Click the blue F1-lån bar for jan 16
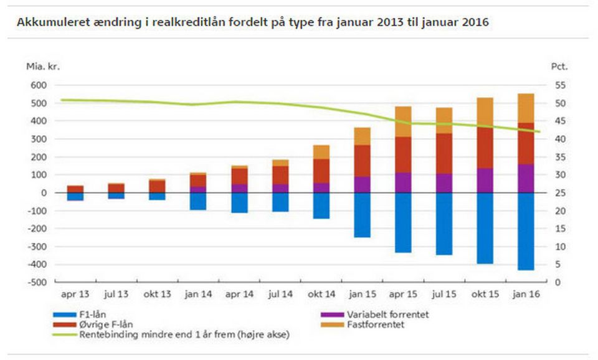[526, 231]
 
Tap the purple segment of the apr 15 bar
[403, 182]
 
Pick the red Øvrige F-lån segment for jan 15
[362, 161]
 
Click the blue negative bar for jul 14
[280, 202]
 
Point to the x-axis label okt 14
[321, 293]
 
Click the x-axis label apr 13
[75, 293]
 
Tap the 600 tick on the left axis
[37, 85]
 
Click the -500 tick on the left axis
[36, 283]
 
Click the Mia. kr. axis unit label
[42, 66]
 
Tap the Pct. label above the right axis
[559, 66]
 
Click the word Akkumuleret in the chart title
[49, 22]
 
